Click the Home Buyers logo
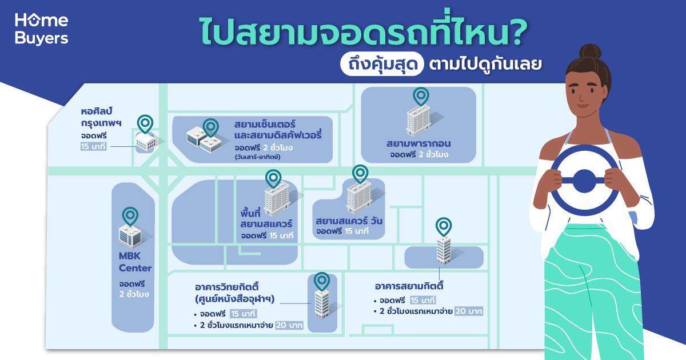[41, 29]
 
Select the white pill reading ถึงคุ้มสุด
[382, 64]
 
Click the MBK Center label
[135, 262]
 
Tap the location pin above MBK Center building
[130, 216]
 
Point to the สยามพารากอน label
[418, 143]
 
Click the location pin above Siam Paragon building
[421, 97]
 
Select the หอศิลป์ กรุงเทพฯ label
[101, 117]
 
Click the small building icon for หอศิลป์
[146, 142]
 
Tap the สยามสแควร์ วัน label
[349, 221]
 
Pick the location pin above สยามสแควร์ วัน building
[360, 174]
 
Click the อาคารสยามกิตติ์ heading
[409, 286]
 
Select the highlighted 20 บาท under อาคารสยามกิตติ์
[469, 311]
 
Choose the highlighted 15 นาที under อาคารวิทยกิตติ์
[243, 314]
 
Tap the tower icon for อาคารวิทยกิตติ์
[322, 303]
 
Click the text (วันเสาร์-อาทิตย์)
[258, 157]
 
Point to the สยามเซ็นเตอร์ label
[265, 125]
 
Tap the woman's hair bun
[590, 52]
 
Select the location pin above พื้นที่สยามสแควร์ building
[273, 178]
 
